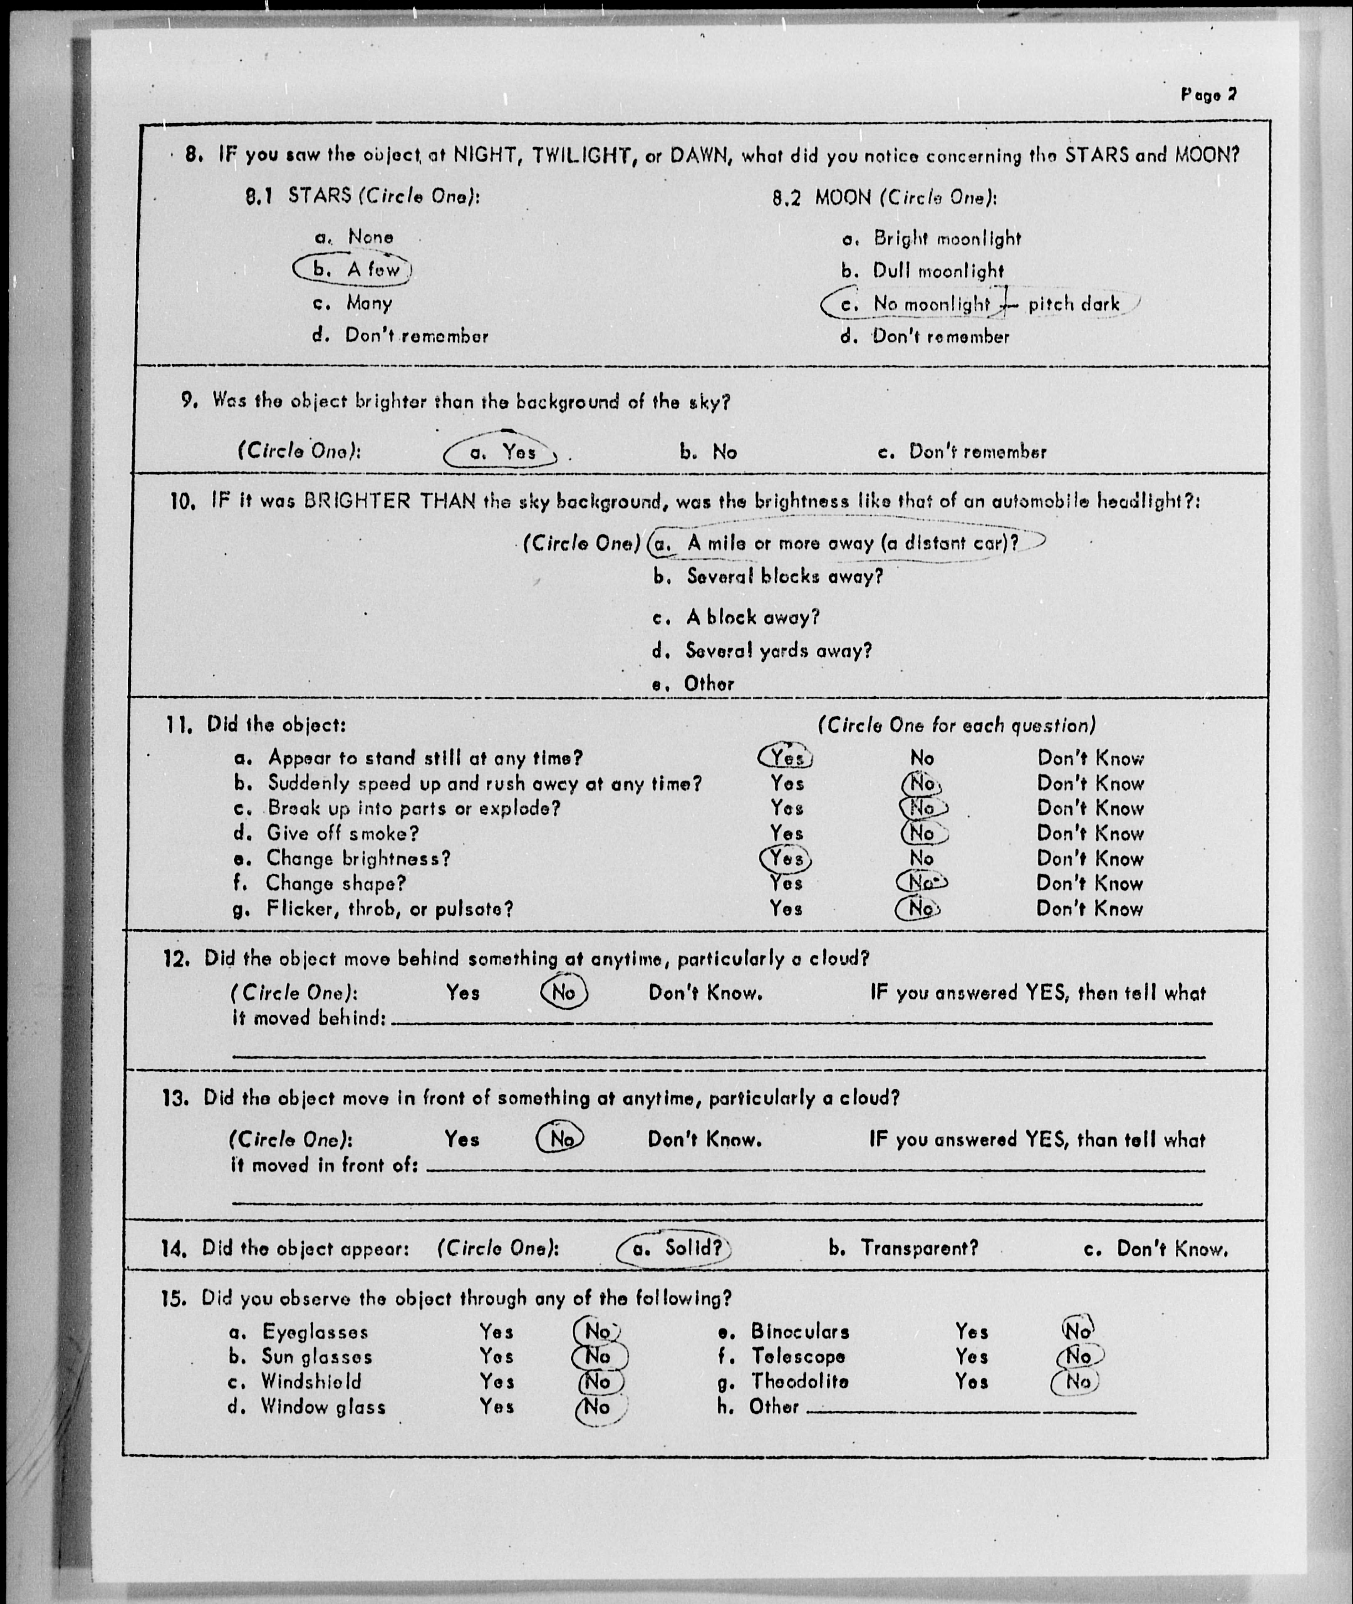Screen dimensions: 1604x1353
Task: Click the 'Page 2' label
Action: point(1209,95)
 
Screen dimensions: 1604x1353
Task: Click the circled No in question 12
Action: point(564,992)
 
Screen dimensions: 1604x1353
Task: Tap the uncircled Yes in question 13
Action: point(462,1139)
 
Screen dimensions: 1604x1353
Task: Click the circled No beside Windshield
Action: point(598,1381)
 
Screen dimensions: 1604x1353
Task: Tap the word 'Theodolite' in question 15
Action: point(800,1381)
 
